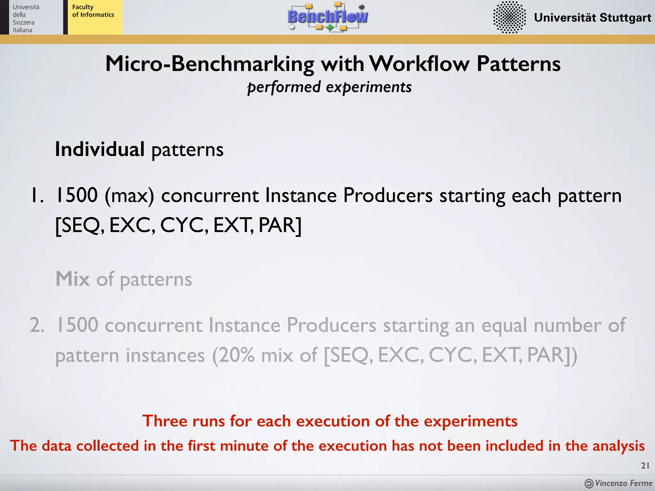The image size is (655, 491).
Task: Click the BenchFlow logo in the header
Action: (328, 17)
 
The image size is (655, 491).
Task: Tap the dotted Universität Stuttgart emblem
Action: (509, 17)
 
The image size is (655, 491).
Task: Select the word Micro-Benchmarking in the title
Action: (210, 64)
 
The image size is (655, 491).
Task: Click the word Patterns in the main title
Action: (518, 64)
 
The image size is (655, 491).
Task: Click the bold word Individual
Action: (100, 149)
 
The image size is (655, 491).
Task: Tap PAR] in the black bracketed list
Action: (280, 225)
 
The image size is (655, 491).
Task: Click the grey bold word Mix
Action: (73, 279)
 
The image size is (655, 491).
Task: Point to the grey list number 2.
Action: (37, 325)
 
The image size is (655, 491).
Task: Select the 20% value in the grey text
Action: (237, 355)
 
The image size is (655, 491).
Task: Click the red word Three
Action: (164, 421)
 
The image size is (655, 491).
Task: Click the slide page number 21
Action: (645, 466)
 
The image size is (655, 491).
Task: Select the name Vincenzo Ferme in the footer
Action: (623, 483)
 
